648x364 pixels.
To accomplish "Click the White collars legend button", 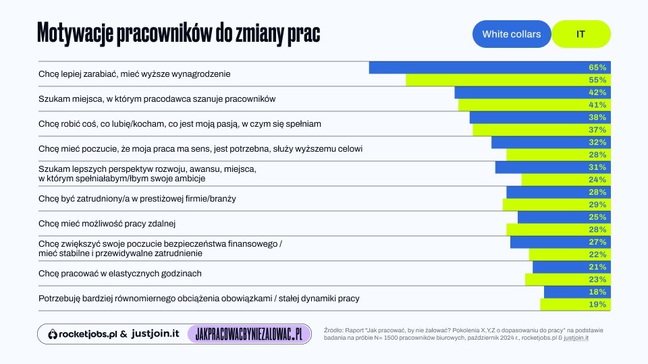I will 512,34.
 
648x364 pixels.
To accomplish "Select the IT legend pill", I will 580,34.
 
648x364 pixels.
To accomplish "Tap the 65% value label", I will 597,67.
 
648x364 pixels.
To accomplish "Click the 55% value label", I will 597,80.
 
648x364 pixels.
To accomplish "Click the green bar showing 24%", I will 553,180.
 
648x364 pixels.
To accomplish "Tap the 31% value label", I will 597,167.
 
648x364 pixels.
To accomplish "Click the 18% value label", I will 597,292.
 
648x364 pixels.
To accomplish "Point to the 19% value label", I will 597,305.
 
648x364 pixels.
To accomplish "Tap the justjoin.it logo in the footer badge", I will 155,334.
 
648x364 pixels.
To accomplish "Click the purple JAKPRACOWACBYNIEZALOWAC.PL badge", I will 248,334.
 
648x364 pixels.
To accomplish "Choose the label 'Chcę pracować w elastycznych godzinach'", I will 120,273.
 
